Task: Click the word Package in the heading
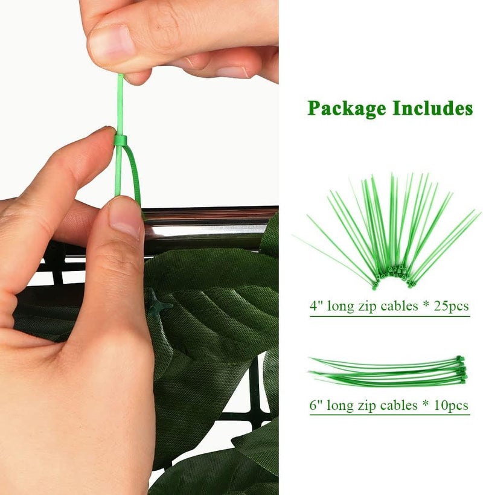point(347,109)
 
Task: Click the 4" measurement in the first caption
point(316,305)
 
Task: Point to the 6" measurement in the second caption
point(316,404)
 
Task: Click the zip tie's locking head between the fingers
point(121,141)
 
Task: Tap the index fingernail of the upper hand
point(233,72)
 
